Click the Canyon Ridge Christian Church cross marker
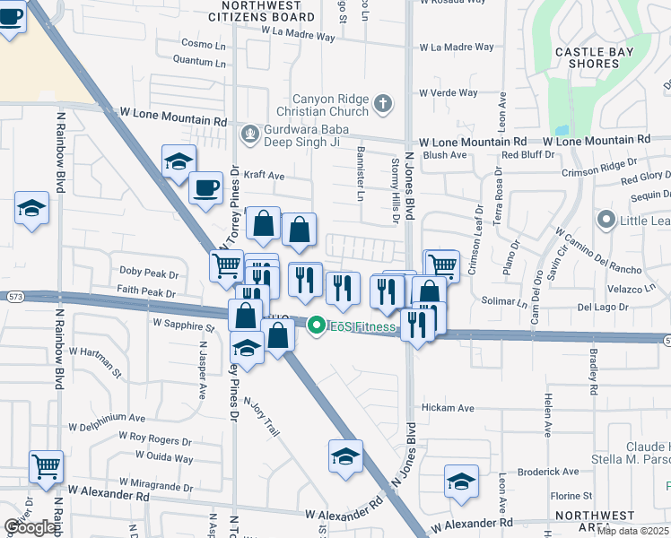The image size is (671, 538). [x=383, y=103]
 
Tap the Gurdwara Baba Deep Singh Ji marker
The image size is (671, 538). [x=249, y=135]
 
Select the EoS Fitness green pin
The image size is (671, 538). [x=315, y=326]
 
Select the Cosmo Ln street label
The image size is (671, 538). [x=204, y=43]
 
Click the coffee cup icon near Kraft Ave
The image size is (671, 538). [x=206, y=187]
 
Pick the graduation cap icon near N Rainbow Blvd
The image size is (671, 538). [x=32, y=210]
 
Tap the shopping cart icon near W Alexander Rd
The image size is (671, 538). [x=46, y=466]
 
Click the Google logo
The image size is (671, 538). [x=30, y=527]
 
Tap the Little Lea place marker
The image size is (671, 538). [x=606, y=219]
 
